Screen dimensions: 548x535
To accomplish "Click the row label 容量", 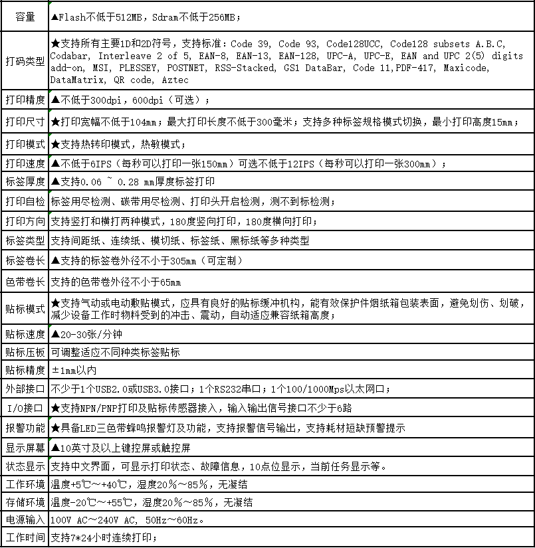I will (x=25, y=17).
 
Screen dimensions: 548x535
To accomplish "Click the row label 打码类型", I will (x=25, y=61).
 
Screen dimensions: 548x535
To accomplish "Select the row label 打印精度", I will (x=25, y=100).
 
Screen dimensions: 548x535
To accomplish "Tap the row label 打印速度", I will (x=25, y=163).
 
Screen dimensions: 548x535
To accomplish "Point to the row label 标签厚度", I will (x=25, y=181).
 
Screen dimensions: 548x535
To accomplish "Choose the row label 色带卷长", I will (x=25, y=282).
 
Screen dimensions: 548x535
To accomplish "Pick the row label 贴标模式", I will (x=25, y=309).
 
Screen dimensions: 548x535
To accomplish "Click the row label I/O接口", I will (x=25, y=407).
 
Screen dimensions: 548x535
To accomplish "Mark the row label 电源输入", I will (x=25, y=519).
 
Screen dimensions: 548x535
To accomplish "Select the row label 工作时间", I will (x=25, y=537).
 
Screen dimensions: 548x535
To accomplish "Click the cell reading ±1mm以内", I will (x=74, y=370).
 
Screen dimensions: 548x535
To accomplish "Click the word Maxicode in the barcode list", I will (x=467, y=68).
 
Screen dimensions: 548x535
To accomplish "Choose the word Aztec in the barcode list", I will (x=175, y=80).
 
